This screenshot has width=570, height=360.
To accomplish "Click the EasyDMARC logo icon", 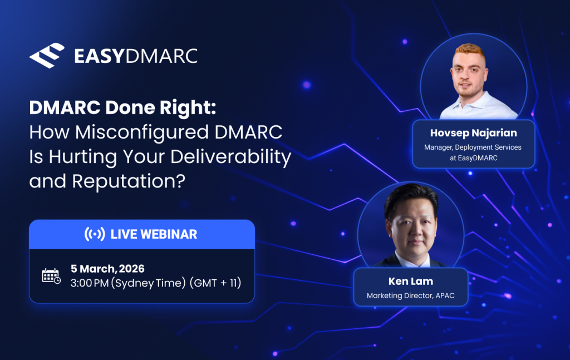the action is (47, 56).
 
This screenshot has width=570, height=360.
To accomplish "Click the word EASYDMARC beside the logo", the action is (136, 56).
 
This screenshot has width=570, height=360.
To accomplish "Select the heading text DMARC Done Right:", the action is (122, 107).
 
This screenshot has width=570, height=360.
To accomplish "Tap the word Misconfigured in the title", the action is (142, 132).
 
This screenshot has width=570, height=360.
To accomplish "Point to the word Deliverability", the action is (231, 157).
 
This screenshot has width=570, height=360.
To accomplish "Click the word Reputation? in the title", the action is (129, 181).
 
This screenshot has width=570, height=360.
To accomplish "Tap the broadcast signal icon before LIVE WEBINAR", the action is (95, 234).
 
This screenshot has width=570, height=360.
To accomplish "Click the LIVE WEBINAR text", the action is (154, 234).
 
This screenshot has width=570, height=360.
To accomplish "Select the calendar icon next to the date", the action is (51, 276).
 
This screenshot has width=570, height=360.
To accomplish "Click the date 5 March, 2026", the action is (107, 268).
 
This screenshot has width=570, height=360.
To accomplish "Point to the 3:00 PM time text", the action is (90, 283).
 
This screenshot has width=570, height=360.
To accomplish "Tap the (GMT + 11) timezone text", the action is (215, 283).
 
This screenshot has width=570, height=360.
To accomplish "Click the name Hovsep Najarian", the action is (473, 133).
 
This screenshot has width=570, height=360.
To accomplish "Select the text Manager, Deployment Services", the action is (473, 147).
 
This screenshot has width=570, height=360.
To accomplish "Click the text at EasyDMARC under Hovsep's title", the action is (473, 158).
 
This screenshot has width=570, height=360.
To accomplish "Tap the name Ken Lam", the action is (411, 281).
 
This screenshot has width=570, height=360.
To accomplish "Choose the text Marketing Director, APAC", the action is (410, 295).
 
